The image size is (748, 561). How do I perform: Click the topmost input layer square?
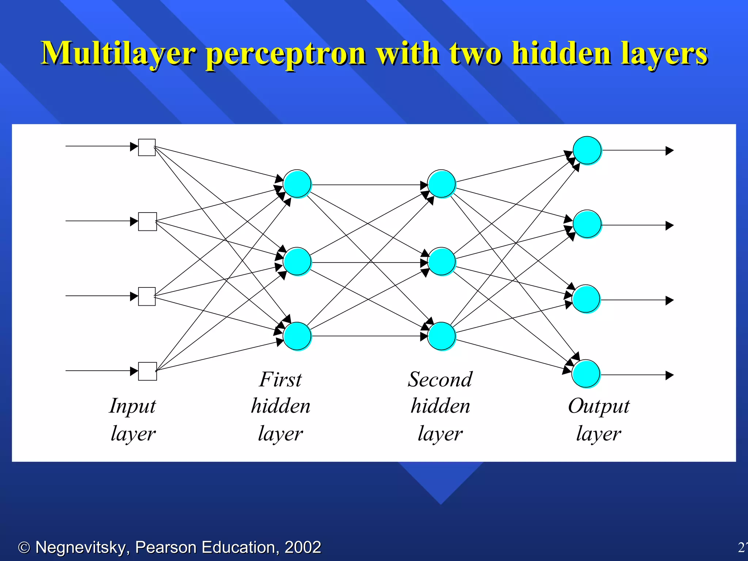147,148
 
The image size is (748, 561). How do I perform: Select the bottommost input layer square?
148,371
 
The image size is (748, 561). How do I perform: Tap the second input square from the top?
148,222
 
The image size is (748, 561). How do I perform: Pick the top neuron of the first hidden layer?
297,184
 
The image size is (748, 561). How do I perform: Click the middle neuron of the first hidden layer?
297,262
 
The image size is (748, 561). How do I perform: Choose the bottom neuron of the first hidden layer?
297,336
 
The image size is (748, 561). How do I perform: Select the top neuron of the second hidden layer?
442,184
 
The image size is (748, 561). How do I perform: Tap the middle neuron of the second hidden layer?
442,262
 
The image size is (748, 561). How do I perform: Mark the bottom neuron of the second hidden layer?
442,336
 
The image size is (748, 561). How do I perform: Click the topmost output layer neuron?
587,150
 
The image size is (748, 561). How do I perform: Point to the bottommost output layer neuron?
586,374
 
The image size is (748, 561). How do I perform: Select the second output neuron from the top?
587,224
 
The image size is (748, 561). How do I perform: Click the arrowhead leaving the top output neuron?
669,150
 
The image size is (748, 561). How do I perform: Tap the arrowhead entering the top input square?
134,147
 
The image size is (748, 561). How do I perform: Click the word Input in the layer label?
133,406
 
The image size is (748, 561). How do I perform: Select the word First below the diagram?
280,379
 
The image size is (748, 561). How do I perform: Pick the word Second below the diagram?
440,379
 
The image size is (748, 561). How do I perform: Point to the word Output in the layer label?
599,406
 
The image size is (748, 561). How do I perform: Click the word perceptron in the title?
286,54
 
